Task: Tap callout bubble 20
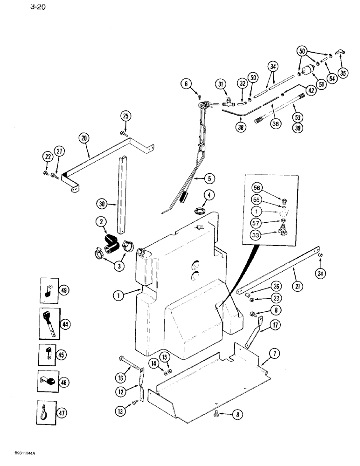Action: pyautogui.click(x=84, y=138)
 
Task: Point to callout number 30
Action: pyautogui.click(x=102, y=203)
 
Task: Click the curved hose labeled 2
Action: pyautogui.click(x=112, y=243)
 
